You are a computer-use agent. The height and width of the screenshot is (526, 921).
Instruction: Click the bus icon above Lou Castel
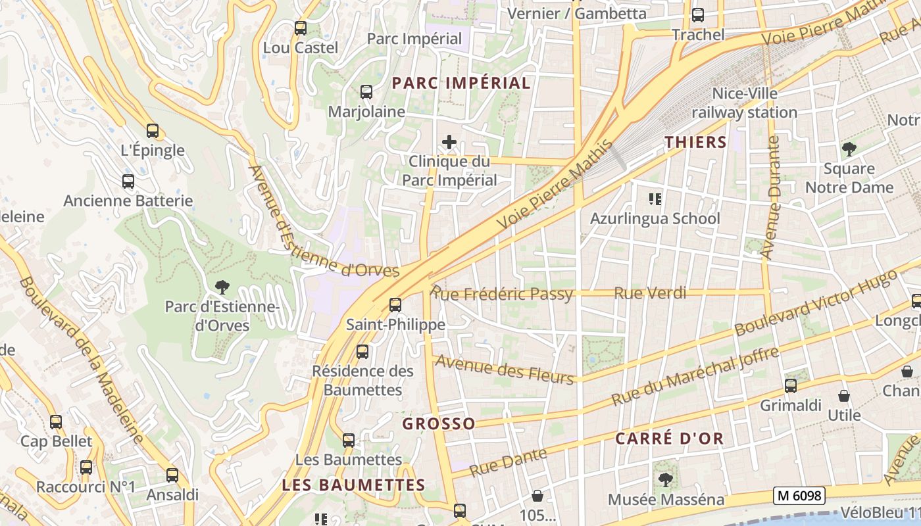(301, 28)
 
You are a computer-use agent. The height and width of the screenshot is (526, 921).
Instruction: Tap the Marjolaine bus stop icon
(366, 92)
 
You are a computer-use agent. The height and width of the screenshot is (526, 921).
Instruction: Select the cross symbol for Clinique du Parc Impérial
(449, 142)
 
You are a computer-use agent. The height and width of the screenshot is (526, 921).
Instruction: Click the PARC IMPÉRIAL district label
(461, 83)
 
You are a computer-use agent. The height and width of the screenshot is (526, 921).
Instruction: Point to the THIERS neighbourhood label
(695, 142)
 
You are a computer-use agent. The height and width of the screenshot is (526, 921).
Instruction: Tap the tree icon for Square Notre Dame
(849, 149)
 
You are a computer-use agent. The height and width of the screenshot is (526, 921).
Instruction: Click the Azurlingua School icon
(655, 199)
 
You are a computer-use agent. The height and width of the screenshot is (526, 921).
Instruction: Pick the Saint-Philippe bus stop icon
(395, 305)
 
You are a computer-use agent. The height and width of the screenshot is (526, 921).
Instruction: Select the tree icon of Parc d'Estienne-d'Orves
(222, 287)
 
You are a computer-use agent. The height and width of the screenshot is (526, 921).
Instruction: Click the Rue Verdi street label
(650, 293)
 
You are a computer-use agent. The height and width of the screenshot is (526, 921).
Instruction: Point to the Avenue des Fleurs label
(505, 368)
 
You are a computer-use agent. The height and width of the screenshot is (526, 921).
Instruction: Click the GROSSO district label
(439, 424)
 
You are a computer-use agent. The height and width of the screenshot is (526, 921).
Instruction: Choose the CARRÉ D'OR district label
(669, 439)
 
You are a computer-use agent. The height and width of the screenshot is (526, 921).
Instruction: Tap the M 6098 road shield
(799, 495)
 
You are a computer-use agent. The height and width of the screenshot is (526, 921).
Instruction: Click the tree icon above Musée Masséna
(665, 480)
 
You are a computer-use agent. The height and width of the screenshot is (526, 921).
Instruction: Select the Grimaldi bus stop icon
(791, 386)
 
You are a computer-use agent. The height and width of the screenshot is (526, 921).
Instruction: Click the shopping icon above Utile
(844, 396)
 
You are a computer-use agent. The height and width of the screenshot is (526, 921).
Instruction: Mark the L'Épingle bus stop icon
(153, 131)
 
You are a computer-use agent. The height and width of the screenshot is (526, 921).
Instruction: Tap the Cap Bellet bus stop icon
(56, 422)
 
